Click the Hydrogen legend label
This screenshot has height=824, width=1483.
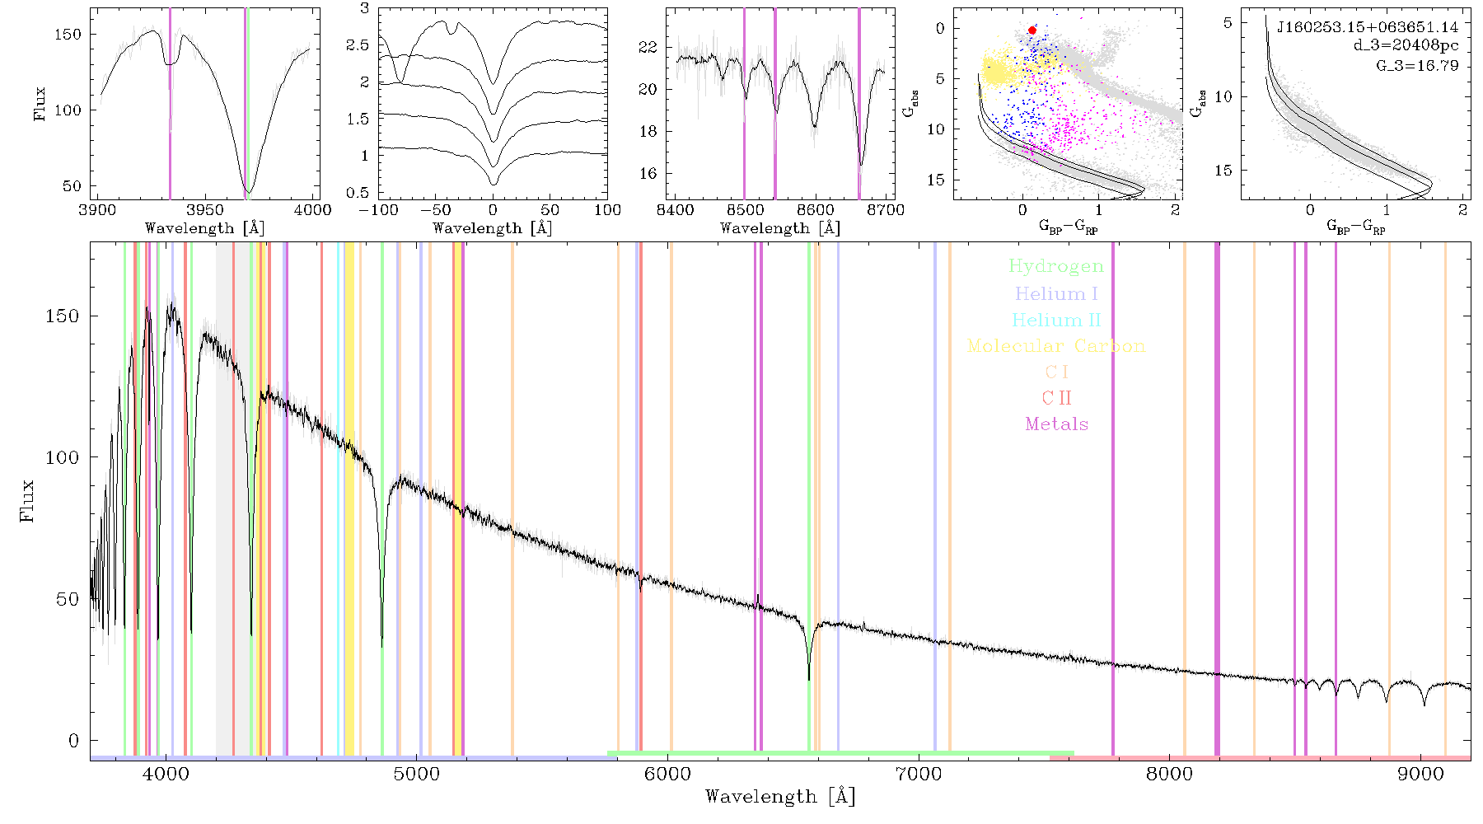[x=1056, y=266]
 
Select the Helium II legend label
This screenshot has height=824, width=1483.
[x=1056, y=320]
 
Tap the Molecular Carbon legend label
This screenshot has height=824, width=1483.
[x=1056, y=346]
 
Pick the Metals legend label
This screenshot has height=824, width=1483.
[x=1056, y=424]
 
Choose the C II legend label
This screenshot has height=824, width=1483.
[x=1056, y=398]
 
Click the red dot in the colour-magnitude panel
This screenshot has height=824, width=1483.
[x=1032, y=30]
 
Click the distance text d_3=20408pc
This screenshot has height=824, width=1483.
[x=1406, y=45]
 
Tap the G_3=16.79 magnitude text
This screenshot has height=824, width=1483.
[x=1417, y=65]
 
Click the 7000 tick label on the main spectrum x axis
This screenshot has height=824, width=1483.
[x=918, y=774]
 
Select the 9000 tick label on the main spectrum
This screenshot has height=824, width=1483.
[x=1420, y=774]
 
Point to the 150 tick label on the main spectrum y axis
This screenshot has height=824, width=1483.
[x=63, y=316]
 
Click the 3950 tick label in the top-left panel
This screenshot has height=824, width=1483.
[x=205, y=210]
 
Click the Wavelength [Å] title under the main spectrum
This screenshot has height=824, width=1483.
[x=779, y=797]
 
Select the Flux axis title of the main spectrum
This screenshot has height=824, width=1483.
[x=27, y=500]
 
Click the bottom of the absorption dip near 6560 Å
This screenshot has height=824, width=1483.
[x=809, y=680]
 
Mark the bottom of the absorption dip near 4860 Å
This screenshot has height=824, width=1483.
[x=381, y=646]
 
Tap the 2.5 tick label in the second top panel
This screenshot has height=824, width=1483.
[x=358, y=44]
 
